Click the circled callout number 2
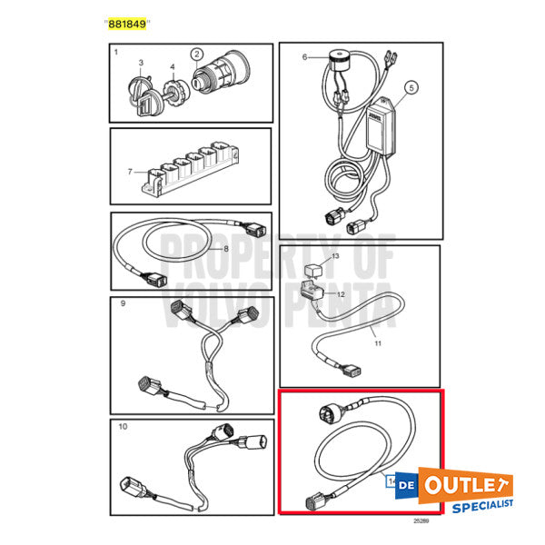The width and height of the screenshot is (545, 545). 195,54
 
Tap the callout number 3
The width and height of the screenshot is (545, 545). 140,63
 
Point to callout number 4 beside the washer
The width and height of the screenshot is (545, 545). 172,66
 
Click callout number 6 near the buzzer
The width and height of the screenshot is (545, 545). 304,56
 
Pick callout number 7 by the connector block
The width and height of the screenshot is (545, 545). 130,170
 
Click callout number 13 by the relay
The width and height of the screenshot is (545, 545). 334,258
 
